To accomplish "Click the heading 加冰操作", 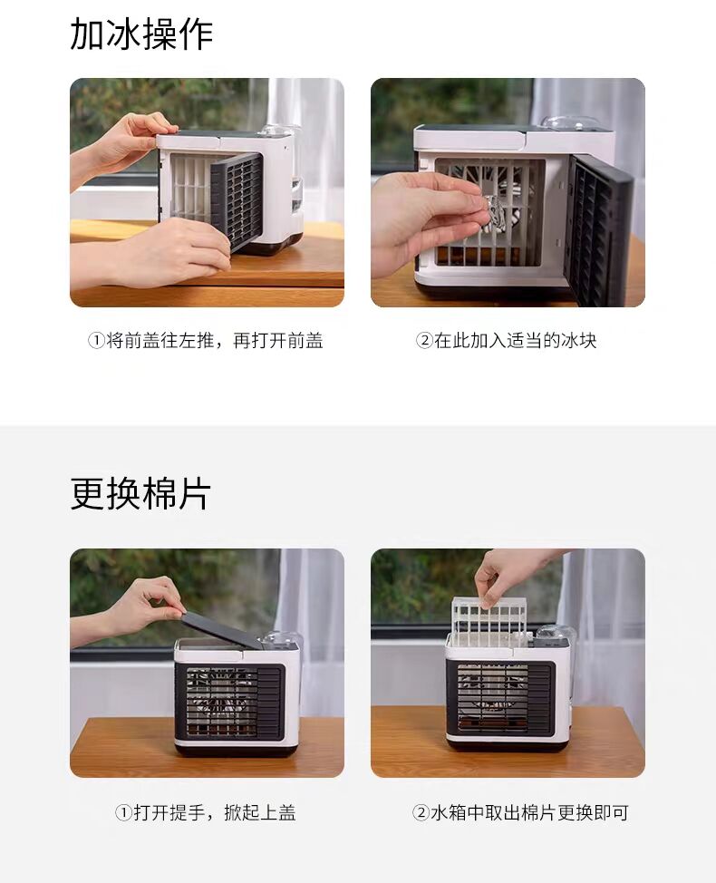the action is coord(141,34).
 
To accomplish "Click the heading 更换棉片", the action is coord(140,493).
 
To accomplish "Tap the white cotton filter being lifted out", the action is coord(489,621).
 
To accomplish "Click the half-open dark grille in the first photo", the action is coord(237,201).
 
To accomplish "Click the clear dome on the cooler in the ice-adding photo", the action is coord(561,125).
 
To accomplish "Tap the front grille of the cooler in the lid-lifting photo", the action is coord(231,702).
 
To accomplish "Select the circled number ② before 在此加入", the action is coord(424,341).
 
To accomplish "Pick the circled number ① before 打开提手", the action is coord(123,812).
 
